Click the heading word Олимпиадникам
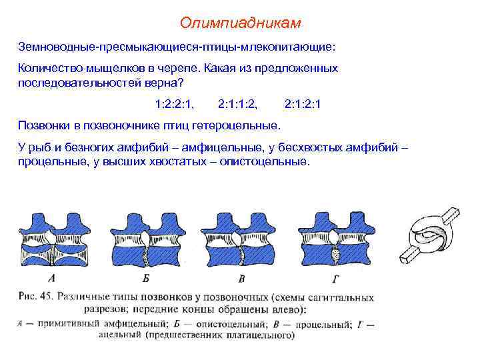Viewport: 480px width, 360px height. pyautogui.click(x=240, y=23)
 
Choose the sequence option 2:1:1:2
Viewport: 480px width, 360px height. pyautogui.click(x=238, y=104)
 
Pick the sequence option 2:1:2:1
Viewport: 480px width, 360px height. pyautogui.click(x=303, y=104)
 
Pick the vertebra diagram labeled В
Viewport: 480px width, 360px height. pyautogui.click(x=240, y=240)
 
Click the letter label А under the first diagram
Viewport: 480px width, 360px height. pyautogui.click(x=51, y=278)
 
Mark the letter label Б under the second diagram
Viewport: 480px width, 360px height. pyautogui.click(x=145, y=278)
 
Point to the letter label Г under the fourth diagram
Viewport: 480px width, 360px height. pyautogui.click(x=335, y=278)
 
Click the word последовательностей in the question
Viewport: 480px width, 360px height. pyautogui.click(x=75, y=83)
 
